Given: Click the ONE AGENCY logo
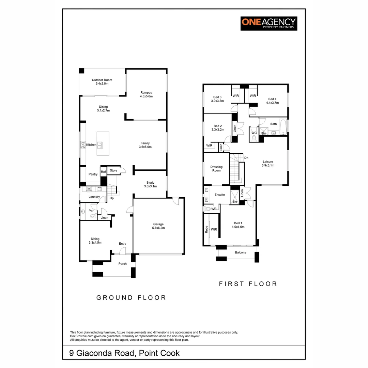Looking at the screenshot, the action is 269,24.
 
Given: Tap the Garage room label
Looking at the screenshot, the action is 158,226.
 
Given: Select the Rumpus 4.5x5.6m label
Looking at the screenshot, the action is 146,94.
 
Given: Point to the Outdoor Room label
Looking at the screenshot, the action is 102,82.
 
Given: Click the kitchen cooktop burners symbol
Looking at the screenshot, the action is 83,144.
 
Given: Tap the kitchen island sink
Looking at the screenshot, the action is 100,145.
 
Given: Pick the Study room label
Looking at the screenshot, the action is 150,184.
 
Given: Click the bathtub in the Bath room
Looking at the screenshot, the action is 283,127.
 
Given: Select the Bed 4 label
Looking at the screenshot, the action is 272,101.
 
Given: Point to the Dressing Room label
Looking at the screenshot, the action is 216,169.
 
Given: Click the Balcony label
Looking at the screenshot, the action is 240,252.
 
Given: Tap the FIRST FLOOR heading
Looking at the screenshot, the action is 248,284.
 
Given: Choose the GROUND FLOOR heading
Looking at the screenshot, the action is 131,297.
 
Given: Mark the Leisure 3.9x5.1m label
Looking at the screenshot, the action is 268,163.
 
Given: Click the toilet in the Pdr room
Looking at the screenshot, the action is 93,216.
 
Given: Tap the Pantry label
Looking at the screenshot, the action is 93,174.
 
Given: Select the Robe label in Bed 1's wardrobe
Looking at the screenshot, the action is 206,229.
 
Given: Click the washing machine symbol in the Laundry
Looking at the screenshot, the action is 89,189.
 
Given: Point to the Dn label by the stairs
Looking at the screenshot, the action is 246,158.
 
